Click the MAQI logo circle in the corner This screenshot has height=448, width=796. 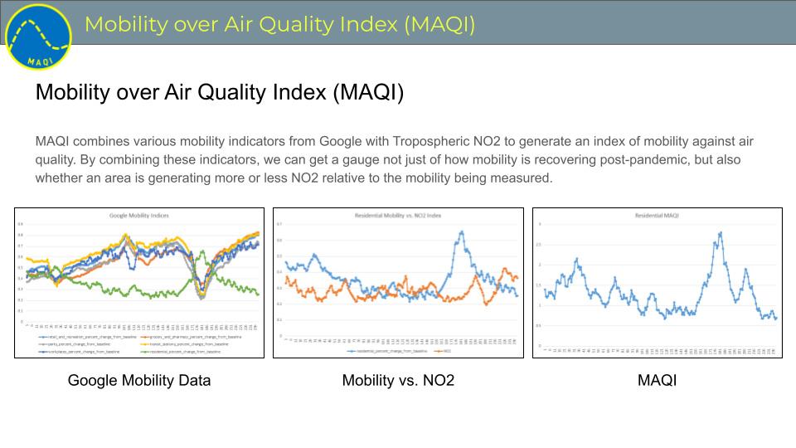click(x=38, y=37)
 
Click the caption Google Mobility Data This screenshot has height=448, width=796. click(x=139, y=381)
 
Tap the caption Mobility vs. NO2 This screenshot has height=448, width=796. click(x=398, y=381)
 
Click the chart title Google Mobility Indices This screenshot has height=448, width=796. click(x=138, y=216)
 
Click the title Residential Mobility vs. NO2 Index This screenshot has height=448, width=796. click(x=398, y=216)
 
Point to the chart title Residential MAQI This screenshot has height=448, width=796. click(x=657, y=216)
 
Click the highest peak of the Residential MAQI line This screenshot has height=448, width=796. click(x=721, y=233)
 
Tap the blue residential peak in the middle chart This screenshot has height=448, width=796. click(x=462, y=232)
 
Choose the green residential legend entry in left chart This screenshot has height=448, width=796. click(x=187, y=352)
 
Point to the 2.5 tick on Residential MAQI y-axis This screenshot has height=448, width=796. click(x=539, y=245)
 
